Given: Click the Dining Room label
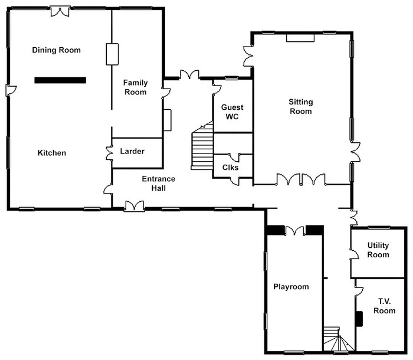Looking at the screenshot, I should [56, 50].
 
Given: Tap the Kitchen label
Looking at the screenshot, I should [52, 153].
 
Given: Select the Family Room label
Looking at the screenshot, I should [135, 87].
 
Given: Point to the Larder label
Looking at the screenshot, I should [132, 152].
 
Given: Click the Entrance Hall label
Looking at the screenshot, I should [158, 184].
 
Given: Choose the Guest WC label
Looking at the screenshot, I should [232, 112].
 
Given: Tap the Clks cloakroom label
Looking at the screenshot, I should [230, 167].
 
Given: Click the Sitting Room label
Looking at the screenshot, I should [300, 107].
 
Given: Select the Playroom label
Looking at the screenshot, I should [291, 287].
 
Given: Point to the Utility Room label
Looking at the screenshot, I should [378, 250].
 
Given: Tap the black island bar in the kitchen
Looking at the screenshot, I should [60, 80].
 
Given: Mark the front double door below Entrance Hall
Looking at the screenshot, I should [135, 205].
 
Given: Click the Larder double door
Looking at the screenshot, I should [109, 152].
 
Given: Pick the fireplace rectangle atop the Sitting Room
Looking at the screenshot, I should [300, 38].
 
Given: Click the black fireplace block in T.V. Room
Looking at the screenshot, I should [358, 319].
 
